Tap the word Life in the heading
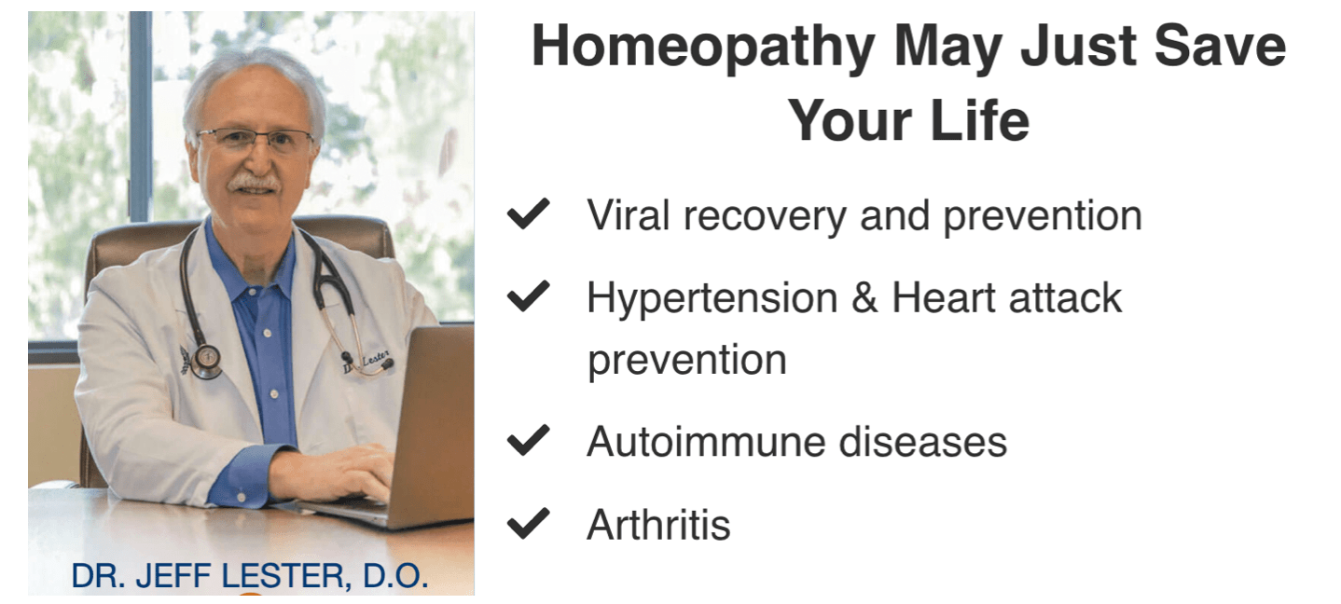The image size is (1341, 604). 979,120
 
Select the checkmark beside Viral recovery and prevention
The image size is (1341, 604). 528,213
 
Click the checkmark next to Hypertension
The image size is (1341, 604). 528,295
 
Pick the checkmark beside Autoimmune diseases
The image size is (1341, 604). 528,440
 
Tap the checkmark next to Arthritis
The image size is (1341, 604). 528,523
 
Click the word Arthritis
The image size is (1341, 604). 658,525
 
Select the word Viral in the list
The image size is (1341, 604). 628,214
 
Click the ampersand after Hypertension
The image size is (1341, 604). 864,297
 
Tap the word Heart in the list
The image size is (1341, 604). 943,297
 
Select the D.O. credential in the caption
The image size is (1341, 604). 395,576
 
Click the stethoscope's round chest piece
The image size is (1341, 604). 206,361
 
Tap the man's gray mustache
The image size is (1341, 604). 254,182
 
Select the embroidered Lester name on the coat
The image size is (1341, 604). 367,361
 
